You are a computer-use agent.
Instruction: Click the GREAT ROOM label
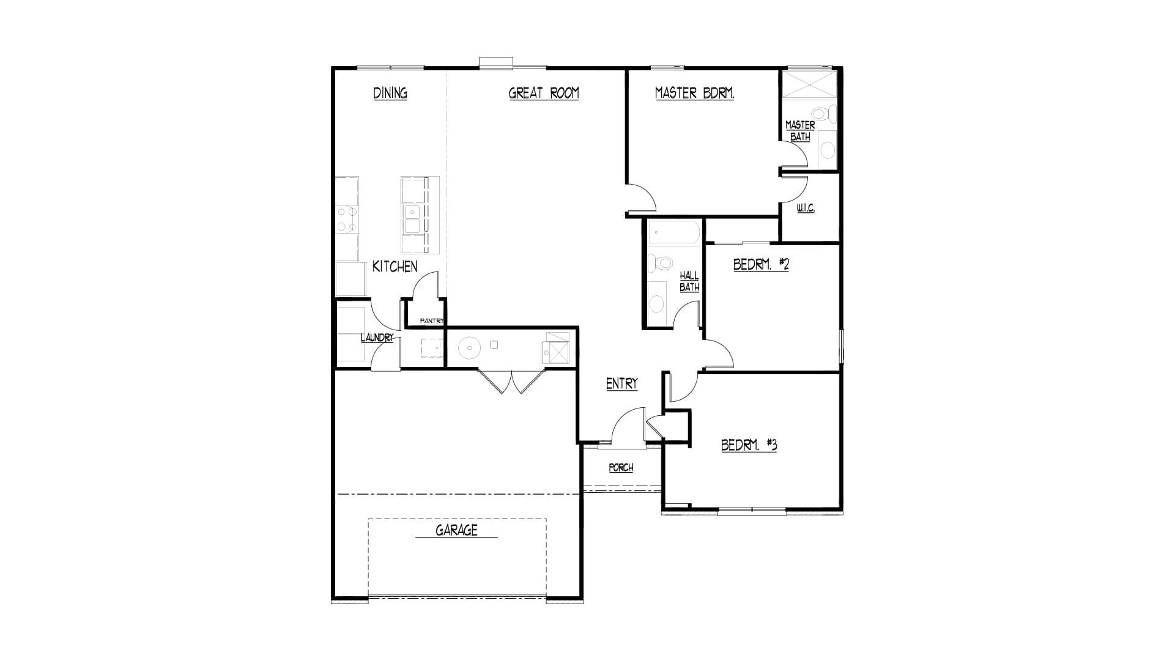[x=544, y=93]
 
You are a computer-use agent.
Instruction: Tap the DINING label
[x=390, y=93]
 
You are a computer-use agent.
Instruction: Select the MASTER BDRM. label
[x=694, y=93]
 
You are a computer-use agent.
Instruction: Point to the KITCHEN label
[x=395, y=267]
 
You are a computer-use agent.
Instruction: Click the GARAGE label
[x=456, y=530]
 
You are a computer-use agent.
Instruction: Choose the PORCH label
[x=621, y=468]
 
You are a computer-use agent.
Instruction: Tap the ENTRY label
[x=622, y=383]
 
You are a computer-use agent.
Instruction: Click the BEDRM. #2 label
[x=761, y=264]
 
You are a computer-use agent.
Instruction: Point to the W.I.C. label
[x=806, y=208]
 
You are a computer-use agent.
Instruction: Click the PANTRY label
[x=432, y=320]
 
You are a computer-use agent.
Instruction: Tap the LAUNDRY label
[x=377, y=338]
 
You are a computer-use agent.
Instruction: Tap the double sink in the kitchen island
[x=411, y=220]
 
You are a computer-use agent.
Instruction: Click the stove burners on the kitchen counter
[x=347, y=220]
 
